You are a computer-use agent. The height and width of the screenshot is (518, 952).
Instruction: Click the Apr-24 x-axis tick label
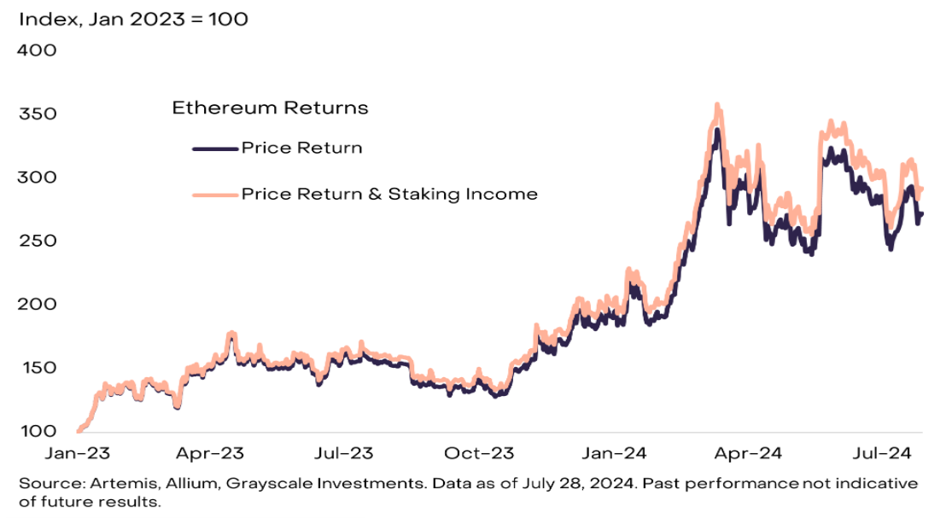coord(747,455)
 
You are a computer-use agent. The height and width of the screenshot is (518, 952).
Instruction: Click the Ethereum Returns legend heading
coord(270,108)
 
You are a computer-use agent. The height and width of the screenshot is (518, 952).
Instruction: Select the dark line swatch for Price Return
coord(214,148)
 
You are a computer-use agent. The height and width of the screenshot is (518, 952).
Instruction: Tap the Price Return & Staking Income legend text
coord(389,194)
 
